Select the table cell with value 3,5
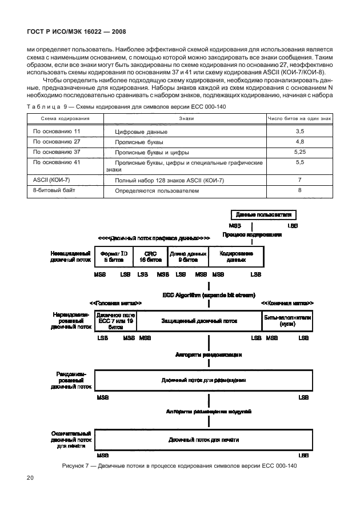coord(299,132)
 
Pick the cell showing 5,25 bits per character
coord(299,153)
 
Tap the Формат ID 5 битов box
coord(113,256)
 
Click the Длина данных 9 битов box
coord(187,256)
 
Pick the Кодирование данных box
coord(235,256)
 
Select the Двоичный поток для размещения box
coord(203,380)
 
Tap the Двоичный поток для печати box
coord(203,440)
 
